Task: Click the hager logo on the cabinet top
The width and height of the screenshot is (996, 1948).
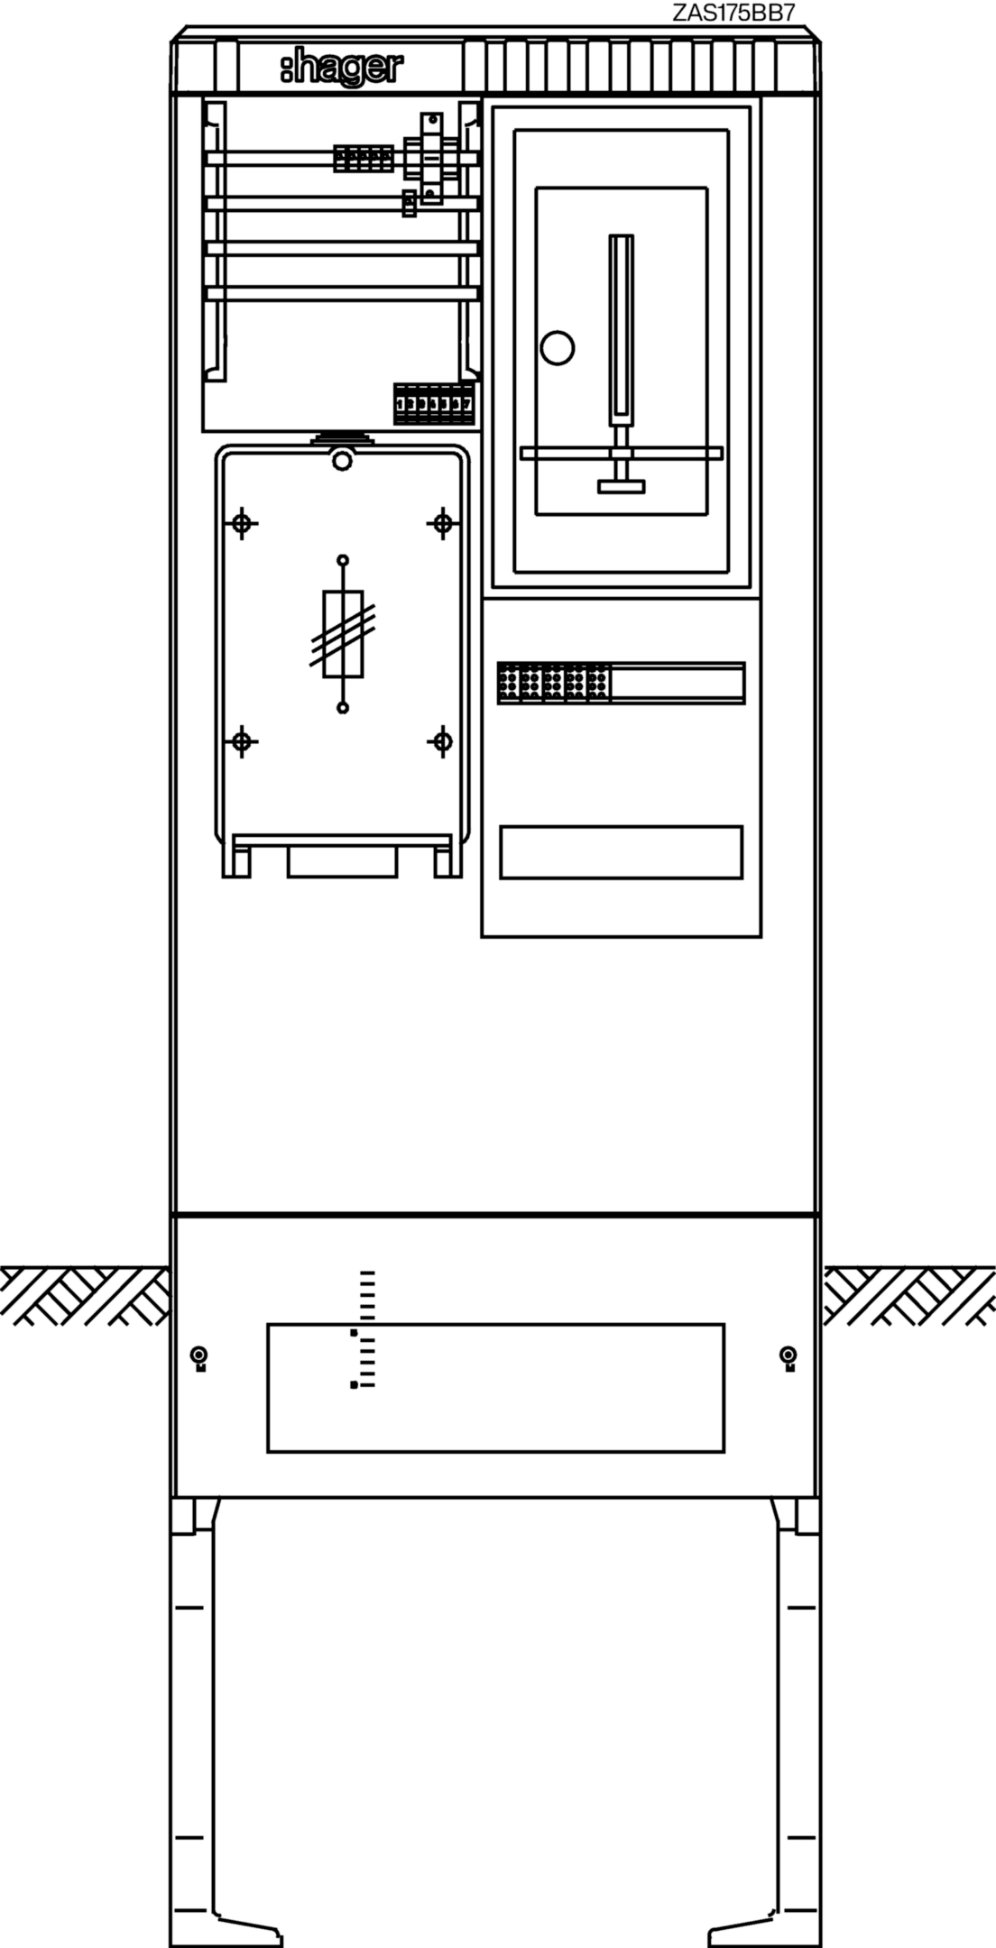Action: coord(342,69)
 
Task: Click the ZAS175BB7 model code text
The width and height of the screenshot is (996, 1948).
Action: coord(733,13)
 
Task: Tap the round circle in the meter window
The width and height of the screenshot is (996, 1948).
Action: coord(558,347)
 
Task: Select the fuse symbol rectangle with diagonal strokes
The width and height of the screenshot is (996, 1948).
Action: coord(343,634)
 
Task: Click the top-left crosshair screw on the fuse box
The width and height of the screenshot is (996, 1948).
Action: coord(241,522)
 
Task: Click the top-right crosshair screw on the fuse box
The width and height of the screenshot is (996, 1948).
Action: coord(443,522)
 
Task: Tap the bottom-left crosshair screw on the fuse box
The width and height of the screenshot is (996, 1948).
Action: coord(241,742)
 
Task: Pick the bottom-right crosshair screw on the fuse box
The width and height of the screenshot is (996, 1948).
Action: coord(443,742)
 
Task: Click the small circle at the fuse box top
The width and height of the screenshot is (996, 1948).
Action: coord(341,462)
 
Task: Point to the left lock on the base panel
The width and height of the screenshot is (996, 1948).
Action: coord(198,1355)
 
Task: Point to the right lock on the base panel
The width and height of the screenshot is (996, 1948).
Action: coord(788,1355)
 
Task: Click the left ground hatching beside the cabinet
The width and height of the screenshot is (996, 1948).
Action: coord(85,1294)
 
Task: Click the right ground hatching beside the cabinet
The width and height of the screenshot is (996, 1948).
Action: coord(909,1294)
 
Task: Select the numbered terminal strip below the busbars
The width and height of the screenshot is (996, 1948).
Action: coord(434,404)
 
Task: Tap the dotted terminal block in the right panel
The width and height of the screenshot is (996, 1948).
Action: coord(553,683)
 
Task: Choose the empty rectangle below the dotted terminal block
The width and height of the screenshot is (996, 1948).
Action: coord(621,851)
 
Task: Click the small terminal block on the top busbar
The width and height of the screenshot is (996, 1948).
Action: coord(364,158)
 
